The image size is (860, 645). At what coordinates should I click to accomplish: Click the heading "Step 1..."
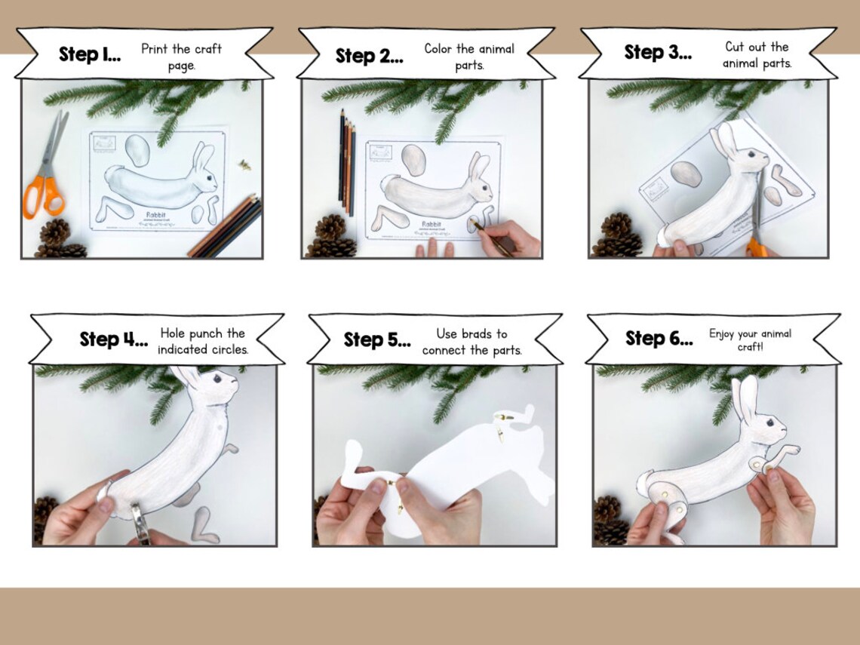90,55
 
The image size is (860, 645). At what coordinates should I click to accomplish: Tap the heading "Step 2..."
369,57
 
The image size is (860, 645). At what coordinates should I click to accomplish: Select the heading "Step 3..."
658,52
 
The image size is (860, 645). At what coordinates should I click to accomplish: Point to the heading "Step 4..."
114,339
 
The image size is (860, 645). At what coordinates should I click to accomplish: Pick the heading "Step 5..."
377,340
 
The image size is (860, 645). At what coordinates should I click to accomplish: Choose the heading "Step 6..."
659,339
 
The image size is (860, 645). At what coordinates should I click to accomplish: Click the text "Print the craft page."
181,57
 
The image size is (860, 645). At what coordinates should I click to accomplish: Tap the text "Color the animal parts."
468,57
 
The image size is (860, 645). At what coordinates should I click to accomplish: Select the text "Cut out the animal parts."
757,55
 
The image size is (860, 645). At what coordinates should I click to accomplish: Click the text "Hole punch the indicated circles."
202,341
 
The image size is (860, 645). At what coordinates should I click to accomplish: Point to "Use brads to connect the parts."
471,342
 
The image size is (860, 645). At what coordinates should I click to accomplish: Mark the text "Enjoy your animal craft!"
750,339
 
